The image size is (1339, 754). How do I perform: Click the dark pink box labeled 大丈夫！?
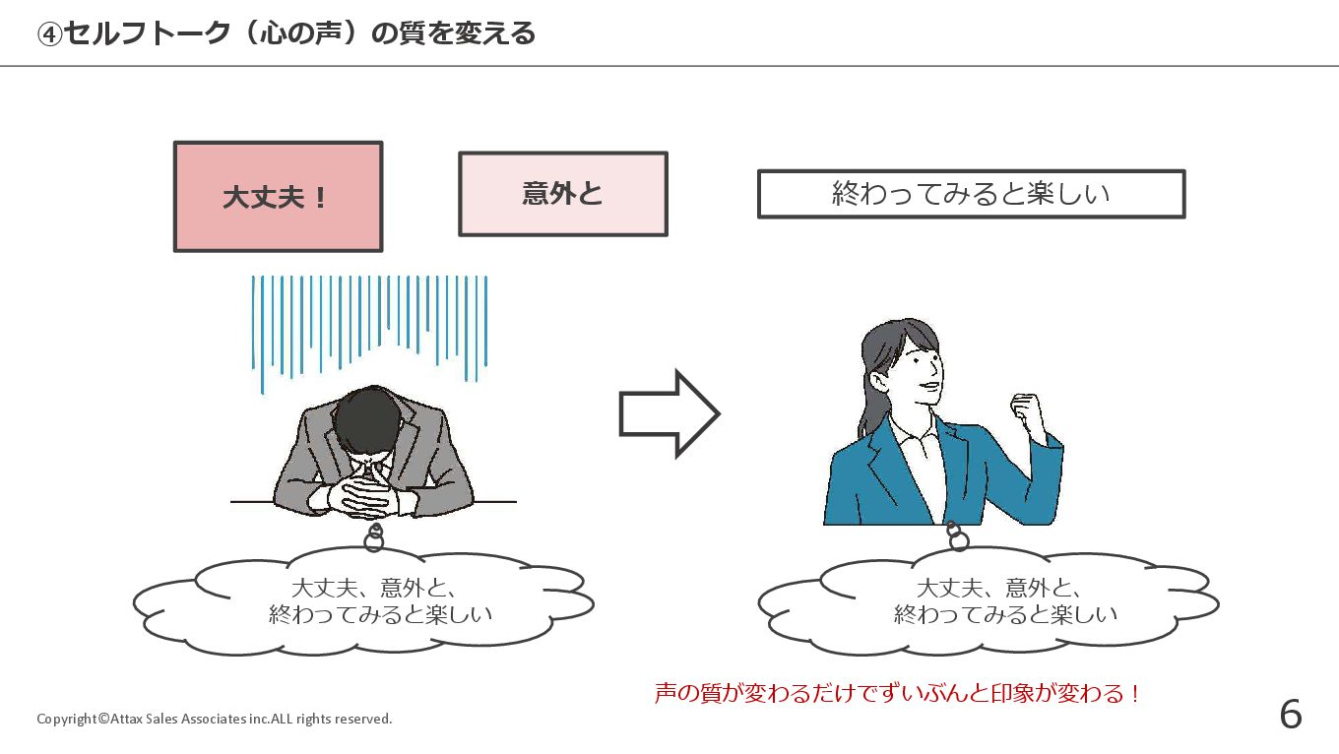coord(278,197)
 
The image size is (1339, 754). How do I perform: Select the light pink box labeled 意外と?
coord(563,194)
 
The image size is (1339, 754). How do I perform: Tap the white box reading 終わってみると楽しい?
coord(971,194)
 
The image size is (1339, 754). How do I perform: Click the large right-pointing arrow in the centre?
coord(669,414)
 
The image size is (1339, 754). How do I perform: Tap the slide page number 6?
coord(1290,715)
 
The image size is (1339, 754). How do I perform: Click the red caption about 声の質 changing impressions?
coord(897,694)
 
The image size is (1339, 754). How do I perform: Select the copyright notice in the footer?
coord(215,719)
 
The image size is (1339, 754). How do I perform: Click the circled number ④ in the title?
coord(49,34)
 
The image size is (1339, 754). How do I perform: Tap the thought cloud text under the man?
coord(379,601)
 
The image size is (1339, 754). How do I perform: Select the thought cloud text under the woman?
coord(1004,601)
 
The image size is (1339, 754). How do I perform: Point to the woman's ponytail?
coord(870,404)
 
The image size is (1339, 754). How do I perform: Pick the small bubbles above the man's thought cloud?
coord(374,537)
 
